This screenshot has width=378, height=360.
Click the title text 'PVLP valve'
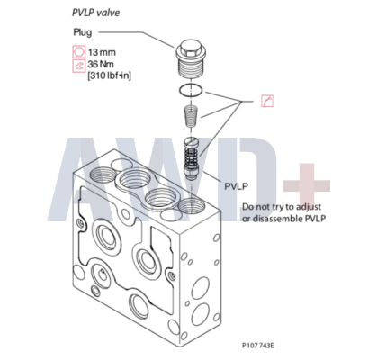coord(95,13)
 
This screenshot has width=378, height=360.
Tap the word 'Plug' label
coord(83,32)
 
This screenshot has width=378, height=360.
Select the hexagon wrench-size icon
coord(78,51)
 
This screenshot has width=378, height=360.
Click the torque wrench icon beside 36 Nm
coord(78,66)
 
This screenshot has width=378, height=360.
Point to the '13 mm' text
coord(102,52)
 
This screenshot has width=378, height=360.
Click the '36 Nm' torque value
coord(101,64)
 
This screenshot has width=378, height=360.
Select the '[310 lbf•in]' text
coord(110,76)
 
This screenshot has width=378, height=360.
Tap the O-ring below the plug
coord(191,90)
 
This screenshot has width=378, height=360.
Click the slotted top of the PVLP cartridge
coord(191,140)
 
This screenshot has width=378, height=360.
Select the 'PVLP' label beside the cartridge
coord(237,186)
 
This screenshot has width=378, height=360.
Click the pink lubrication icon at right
coord(267,101)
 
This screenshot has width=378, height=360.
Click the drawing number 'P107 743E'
coord(258,346)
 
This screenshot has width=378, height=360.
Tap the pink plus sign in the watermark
coord(307,186)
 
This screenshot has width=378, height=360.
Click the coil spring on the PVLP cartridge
coord(191,157)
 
